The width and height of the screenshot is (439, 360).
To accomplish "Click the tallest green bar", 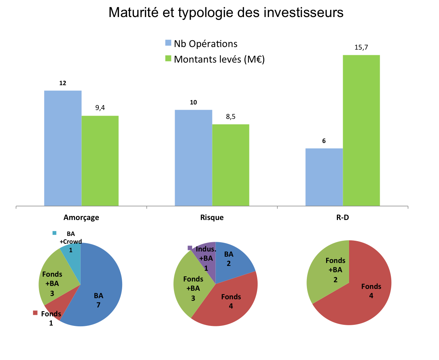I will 361,130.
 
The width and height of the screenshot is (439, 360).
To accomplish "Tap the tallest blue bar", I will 63,148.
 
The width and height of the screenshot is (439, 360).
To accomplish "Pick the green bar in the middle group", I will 231,164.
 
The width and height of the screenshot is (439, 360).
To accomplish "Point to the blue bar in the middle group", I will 193,157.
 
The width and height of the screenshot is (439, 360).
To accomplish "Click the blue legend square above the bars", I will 168,43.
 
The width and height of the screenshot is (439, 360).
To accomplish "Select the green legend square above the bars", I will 168,58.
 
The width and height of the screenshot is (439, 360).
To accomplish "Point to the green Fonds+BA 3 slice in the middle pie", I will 191,285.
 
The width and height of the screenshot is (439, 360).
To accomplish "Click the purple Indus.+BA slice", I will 207,256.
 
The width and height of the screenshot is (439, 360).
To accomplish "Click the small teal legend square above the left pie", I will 54,233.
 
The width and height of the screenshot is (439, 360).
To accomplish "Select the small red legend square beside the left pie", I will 36,313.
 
